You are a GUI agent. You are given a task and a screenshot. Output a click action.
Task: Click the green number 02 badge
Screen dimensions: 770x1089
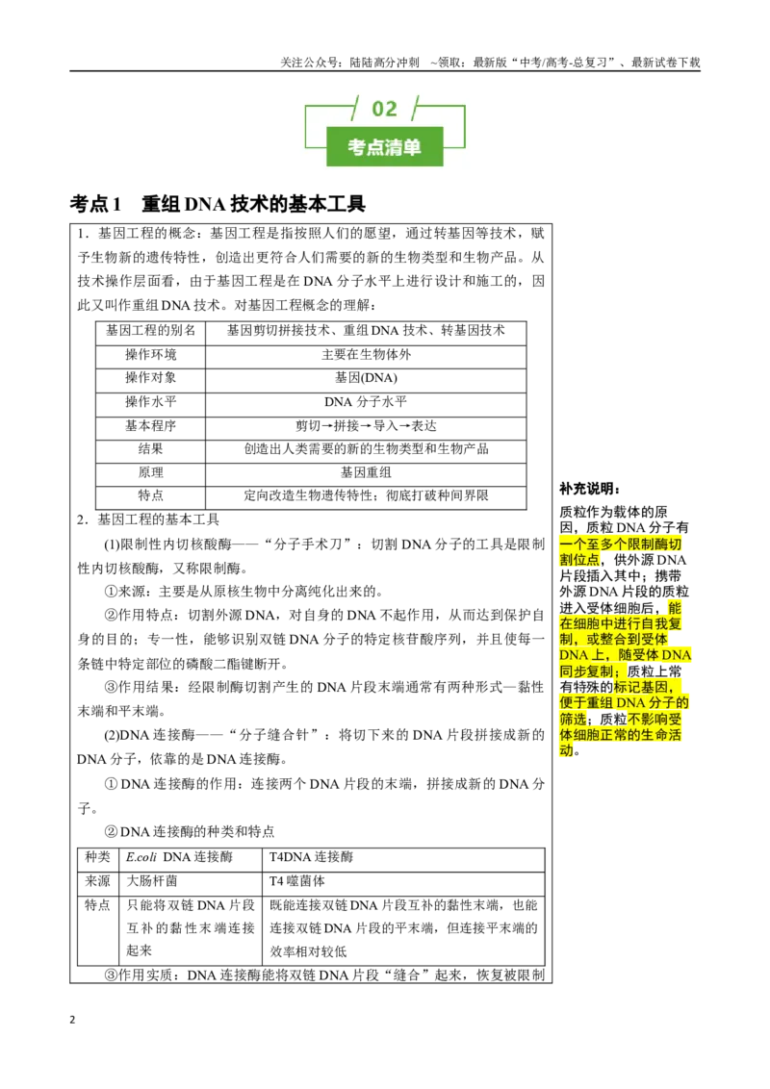click(x=384, y=109)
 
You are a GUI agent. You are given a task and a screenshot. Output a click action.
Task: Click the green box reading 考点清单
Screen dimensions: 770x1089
click(x=384, y=146)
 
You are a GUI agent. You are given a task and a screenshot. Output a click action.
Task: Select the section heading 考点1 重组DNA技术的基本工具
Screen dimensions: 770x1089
click(x=218, y=204)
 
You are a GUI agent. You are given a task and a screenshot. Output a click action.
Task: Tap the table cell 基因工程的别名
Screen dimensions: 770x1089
click(x=151, y=331)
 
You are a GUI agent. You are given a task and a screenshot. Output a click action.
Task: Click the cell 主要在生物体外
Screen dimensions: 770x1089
click(x=367, y=354)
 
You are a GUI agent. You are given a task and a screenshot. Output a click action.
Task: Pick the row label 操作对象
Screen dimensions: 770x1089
click(x=151, y=378)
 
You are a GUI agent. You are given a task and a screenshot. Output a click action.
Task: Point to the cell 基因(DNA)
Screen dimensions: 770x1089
click(x=367, y=378)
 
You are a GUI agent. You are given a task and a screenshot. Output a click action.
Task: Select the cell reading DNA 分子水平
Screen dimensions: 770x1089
click(x=367, y=402)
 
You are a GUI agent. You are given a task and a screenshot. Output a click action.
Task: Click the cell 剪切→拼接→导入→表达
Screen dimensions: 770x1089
click(x=367, y=426)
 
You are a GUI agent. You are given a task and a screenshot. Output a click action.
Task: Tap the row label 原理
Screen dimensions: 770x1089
click(x=151, y=472)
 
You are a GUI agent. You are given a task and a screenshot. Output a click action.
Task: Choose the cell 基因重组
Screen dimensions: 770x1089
click(x=367, y=472)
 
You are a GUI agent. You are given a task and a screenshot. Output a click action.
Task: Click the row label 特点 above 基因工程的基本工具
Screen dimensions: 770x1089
click(x=151, y=495)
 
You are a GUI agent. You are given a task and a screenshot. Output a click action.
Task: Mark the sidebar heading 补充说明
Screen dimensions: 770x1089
click(x=590, y=489)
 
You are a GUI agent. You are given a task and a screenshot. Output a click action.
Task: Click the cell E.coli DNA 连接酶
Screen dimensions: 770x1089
click(x=179, y=857)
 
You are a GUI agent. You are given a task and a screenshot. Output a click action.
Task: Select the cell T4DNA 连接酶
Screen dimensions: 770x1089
click(x=311, y=857)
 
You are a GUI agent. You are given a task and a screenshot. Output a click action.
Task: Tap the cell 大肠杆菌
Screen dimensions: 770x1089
click(x=151, y=880)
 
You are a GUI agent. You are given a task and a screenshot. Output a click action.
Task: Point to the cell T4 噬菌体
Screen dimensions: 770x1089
click(x=297, y=880)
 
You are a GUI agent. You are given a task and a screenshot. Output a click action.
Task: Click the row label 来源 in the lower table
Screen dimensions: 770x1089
click(x=97, y=880)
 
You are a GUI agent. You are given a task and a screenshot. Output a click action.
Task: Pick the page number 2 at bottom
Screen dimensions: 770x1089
click(x=72, y=1020)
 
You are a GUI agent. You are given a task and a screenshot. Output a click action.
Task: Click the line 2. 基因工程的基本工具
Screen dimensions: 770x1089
click(x=148, y=519)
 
